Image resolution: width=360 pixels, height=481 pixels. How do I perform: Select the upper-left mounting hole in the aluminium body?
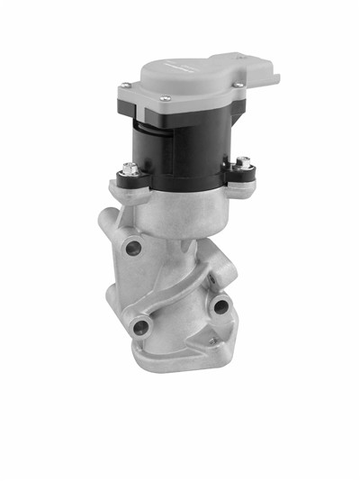click(136, 246)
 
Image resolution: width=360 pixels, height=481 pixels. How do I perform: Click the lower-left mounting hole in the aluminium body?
click(141, 325)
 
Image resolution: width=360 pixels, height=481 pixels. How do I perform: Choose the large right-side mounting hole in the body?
click(219, 307)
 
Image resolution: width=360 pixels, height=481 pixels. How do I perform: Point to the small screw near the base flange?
click(212, 341)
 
